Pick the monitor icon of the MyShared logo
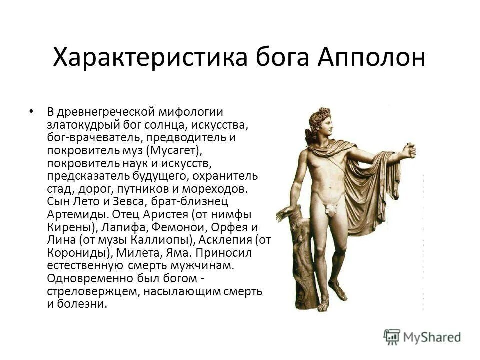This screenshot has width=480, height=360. (x=392, y=336)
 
